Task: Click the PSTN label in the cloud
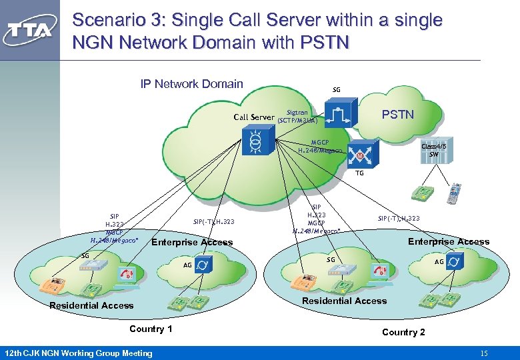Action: coord(397,115)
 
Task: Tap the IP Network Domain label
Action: coord(191,84)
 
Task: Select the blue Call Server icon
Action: coord(254,143)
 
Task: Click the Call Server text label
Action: coord(253,117)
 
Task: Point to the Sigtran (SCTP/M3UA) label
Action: coord(297,117)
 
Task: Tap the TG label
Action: coord(359,173)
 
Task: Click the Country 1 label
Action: coord(151,329)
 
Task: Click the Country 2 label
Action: coord(403,332)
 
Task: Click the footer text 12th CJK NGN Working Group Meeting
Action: coord(78,353)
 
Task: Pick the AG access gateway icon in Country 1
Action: coord(206,265)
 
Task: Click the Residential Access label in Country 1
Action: coord(91,305)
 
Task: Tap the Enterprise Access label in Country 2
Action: coord(449,241)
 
